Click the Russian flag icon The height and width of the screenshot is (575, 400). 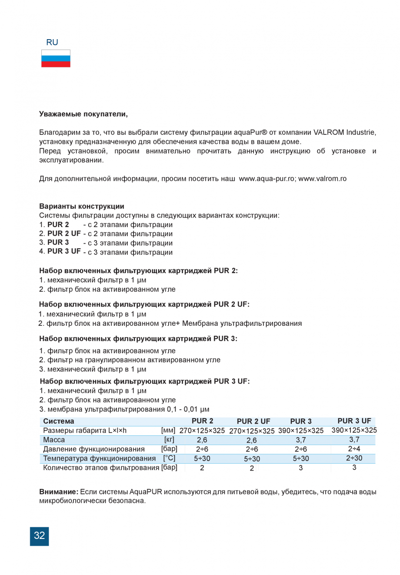click(56, 58)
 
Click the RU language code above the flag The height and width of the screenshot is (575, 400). click(52, 42)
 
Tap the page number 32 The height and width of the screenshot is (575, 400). click(39, 536)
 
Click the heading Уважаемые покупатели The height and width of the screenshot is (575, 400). click(83, 114)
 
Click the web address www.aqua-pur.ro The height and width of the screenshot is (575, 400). click(267, 178)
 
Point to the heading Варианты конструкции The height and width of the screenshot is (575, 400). click(82, 206)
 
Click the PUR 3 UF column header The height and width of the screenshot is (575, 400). click(354, 421)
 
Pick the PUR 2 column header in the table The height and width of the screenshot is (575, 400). click(202, 421)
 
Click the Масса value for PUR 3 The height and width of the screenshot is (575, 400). click(300, 440)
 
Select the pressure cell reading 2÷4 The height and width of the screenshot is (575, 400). click(354, 448)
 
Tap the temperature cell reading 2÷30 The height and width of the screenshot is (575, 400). click(354, 458)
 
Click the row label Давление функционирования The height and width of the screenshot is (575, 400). click(93, 449)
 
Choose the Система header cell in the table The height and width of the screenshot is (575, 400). click(59, 421)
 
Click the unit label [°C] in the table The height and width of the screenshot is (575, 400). click(169, 458)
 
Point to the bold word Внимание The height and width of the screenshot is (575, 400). click(59, 492)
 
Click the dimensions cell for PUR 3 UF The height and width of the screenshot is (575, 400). click(354, 430)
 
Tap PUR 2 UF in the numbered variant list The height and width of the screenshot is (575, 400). click(64, 234)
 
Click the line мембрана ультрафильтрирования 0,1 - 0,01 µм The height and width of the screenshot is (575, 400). click(124, 409)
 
